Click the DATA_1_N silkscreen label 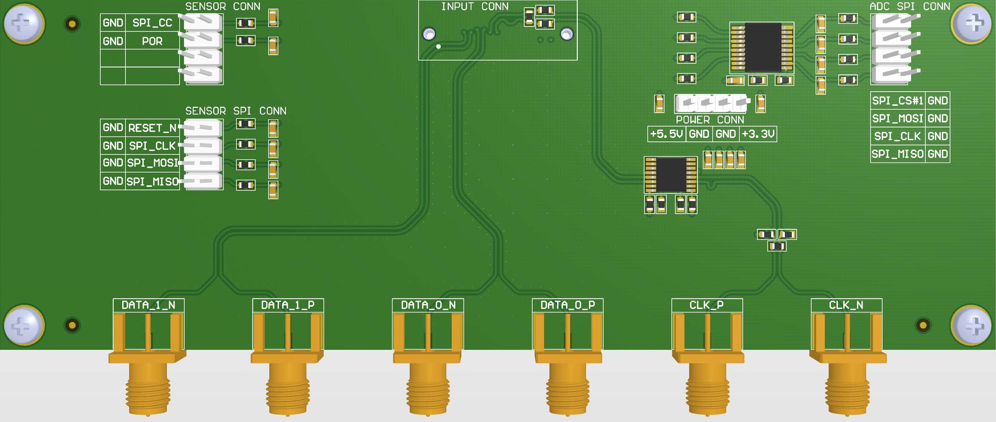click(148, 305)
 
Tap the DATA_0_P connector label click(567, 305)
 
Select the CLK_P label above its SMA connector click(707, 305)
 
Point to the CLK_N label click(846, 305)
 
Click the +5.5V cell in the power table click(667, 134)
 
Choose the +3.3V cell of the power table click(758, 134)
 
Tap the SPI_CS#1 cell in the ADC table click(898, 101)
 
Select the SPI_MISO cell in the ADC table click(898, 154)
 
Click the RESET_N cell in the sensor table click(152, 128)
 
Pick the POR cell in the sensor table click(152, 41)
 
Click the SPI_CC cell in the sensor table click(152, 23)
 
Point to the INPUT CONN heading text click(475, 7)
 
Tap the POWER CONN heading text click(710, 120)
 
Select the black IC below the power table click(671, 175)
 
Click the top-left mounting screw click(23, 23)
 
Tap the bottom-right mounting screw click(972, 326)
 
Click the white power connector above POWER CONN click(711, 103)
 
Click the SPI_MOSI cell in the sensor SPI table click(152, 163)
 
